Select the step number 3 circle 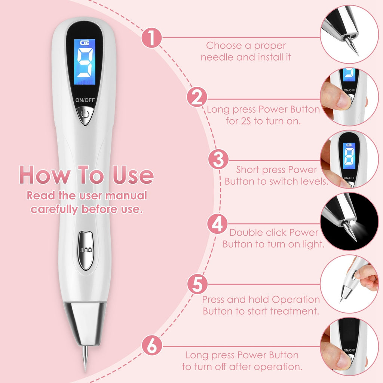[x=218, y=160]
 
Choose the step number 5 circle [x=197, y=284]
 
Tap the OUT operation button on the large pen [x=85, y=250]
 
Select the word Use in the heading [x=134, y=175]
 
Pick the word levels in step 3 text [x=313, y=181]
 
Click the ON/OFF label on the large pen [x=85, y=100]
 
